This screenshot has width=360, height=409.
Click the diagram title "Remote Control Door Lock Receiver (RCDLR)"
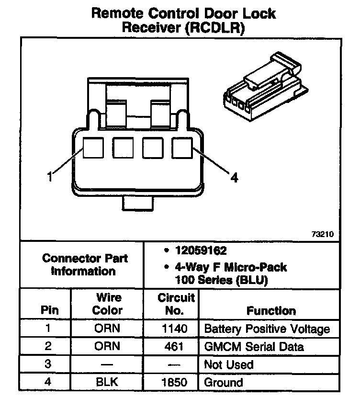tap(183, 20)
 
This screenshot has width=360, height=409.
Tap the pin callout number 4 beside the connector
tap(234, 178)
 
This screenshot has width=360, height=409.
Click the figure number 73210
tap(322, 235)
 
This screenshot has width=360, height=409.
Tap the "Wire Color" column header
tap(107, 304)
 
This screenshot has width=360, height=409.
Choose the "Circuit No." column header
tap(176, 304)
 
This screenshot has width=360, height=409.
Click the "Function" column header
tap(271, 310)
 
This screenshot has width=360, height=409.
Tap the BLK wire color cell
tap(107, 382)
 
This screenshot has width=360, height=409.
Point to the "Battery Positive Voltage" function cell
tap(267, 329)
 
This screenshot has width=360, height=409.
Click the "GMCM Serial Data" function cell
tap(254, 347)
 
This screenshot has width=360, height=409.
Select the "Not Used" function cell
tap(228, 364)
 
